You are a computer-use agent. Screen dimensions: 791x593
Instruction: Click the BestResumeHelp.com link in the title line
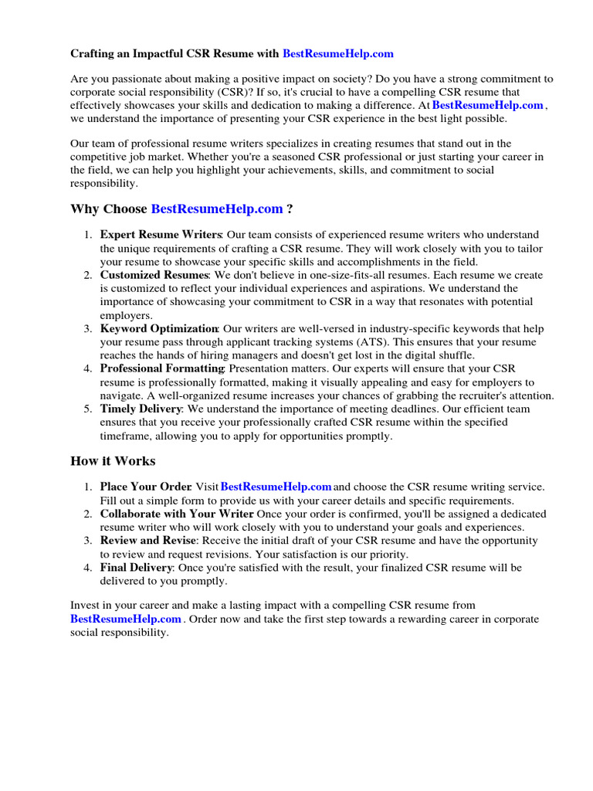tap(338, 54)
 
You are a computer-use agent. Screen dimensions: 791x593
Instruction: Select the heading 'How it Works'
tap(113, 461)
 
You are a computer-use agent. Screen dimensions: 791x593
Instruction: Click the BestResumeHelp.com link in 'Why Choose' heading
tap(217, 209)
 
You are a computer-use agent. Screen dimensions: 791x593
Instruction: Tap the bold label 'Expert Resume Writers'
tap(161, 235)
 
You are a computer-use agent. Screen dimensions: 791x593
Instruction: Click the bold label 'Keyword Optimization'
tap(159, 329)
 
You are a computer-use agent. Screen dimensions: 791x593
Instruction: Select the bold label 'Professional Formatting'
tap(161, 369)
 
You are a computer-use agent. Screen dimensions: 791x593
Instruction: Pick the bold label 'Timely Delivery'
tap(141, 409)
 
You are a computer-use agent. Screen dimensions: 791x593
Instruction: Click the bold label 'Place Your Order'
tap(145, 487)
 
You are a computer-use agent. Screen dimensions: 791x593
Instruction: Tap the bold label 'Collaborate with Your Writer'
tap(177, 514)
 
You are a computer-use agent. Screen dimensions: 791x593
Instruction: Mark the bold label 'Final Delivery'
tap(136, 568)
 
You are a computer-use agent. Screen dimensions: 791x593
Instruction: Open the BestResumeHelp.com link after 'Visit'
tap(276, 487)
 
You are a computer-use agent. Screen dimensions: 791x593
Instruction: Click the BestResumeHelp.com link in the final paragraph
tap(126, 620)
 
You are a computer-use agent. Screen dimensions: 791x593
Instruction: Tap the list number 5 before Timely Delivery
tap(88, 409)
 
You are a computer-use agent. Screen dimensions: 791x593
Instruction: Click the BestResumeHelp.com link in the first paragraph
tap(488, 105)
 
